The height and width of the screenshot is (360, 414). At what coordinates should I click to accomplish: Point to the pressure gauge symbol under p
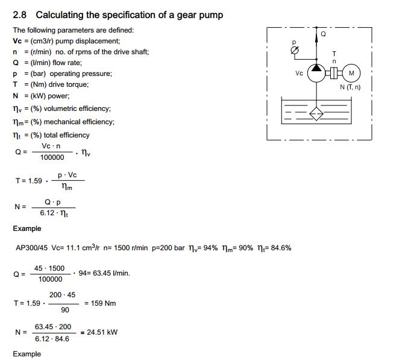pyautogui.click(x=294, y=52)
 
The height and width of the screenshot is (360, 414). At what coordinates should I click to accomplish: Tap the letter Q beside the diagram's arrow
pyautogui.click(x=323, y=34)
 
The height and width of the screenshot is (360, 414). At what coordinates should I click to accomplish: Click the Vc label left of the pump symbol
pyautogui.click(x=299, y=74)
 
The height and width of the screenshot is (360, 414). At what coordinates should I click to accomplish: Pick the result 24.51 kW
pyautogui.click(x=102, y=332)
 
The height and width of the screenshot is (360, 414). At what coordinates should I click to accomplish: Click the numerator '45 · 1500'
pyautogui.click(x=49, y=268)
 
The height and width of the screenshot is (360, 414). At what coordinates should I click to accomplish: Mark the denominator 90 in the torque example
pyautogui.click(x=64, y=310)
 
